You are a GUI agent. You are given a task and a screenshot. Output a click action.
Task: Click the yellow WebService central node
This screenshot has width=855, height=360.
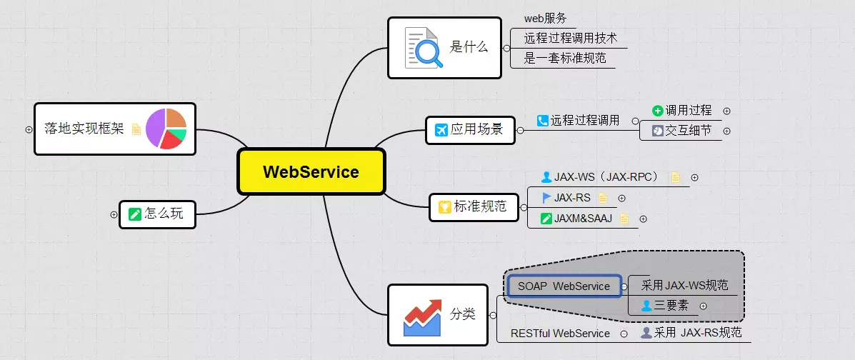tap(311, 171)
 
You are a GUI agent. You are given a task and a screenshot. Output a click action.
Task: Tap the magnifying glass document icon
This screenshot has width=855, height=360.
tap(424, 48)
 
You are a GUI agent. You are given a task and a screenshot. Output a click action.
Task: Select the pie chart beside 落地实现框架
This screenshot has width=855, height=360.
tap(166, 129)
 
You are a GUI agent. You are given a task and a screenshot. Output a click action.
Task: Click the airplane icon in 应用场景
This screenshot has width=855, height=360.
tap(441, 130)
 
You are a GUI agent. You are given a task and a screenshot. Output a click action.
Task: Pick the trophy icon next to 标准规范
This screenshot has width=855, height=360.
tap(444, 207)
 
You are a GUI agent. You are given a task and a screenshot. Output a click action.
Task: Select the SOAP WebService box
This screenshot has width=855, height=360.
tap(564, 286)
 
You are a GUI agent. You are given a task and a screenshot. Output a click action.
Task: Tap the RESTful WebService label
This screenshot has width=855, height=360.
tap(560, 333)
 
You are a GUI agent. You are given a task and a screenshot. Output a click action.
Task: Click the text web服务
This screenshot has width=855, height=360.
tap(546, 19)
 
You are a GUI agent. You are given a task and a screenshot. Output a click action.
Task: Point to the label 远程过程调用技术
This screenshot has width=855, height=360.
tap(570, 39)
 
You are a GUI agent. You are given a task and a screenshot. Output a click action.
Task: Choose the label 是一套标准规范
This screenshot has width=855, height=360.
tap(565, 59)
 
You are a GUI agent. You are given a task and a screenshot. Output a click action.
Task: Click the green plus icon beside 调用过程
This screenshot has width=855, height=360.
tap(658, 111)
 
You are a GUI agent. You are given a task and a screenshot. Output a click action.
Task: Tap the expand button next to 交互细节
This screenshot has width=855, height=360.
tap(727, 131)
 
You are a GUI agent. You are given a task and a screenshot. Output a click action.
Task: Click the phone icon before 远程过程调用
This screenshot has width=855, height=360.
tap(543, 121)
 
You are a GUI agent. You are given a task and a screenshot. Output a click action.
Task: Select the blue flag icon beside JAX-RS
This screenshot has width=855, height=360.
tap(546, 198)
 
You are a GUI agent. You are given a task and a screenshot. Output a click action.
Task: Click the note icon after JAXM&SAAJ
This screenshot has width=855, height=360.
tap(625, 219)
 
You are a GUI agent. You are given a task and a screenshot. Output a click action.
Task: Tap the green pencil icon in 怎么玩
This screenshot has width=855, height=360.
tap(135, 214)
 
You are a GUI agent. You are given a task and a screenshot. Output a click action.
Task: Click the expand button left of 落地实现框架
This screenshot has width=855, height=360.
tap(29, 129)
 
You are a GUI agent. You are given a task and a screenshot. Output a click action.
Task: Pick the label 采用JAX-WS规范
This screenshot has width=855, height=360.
tap(684, 286)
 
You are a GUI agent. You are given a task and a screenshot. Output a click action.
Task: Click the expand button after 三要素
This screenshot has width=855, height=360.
tap(704, 306)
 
